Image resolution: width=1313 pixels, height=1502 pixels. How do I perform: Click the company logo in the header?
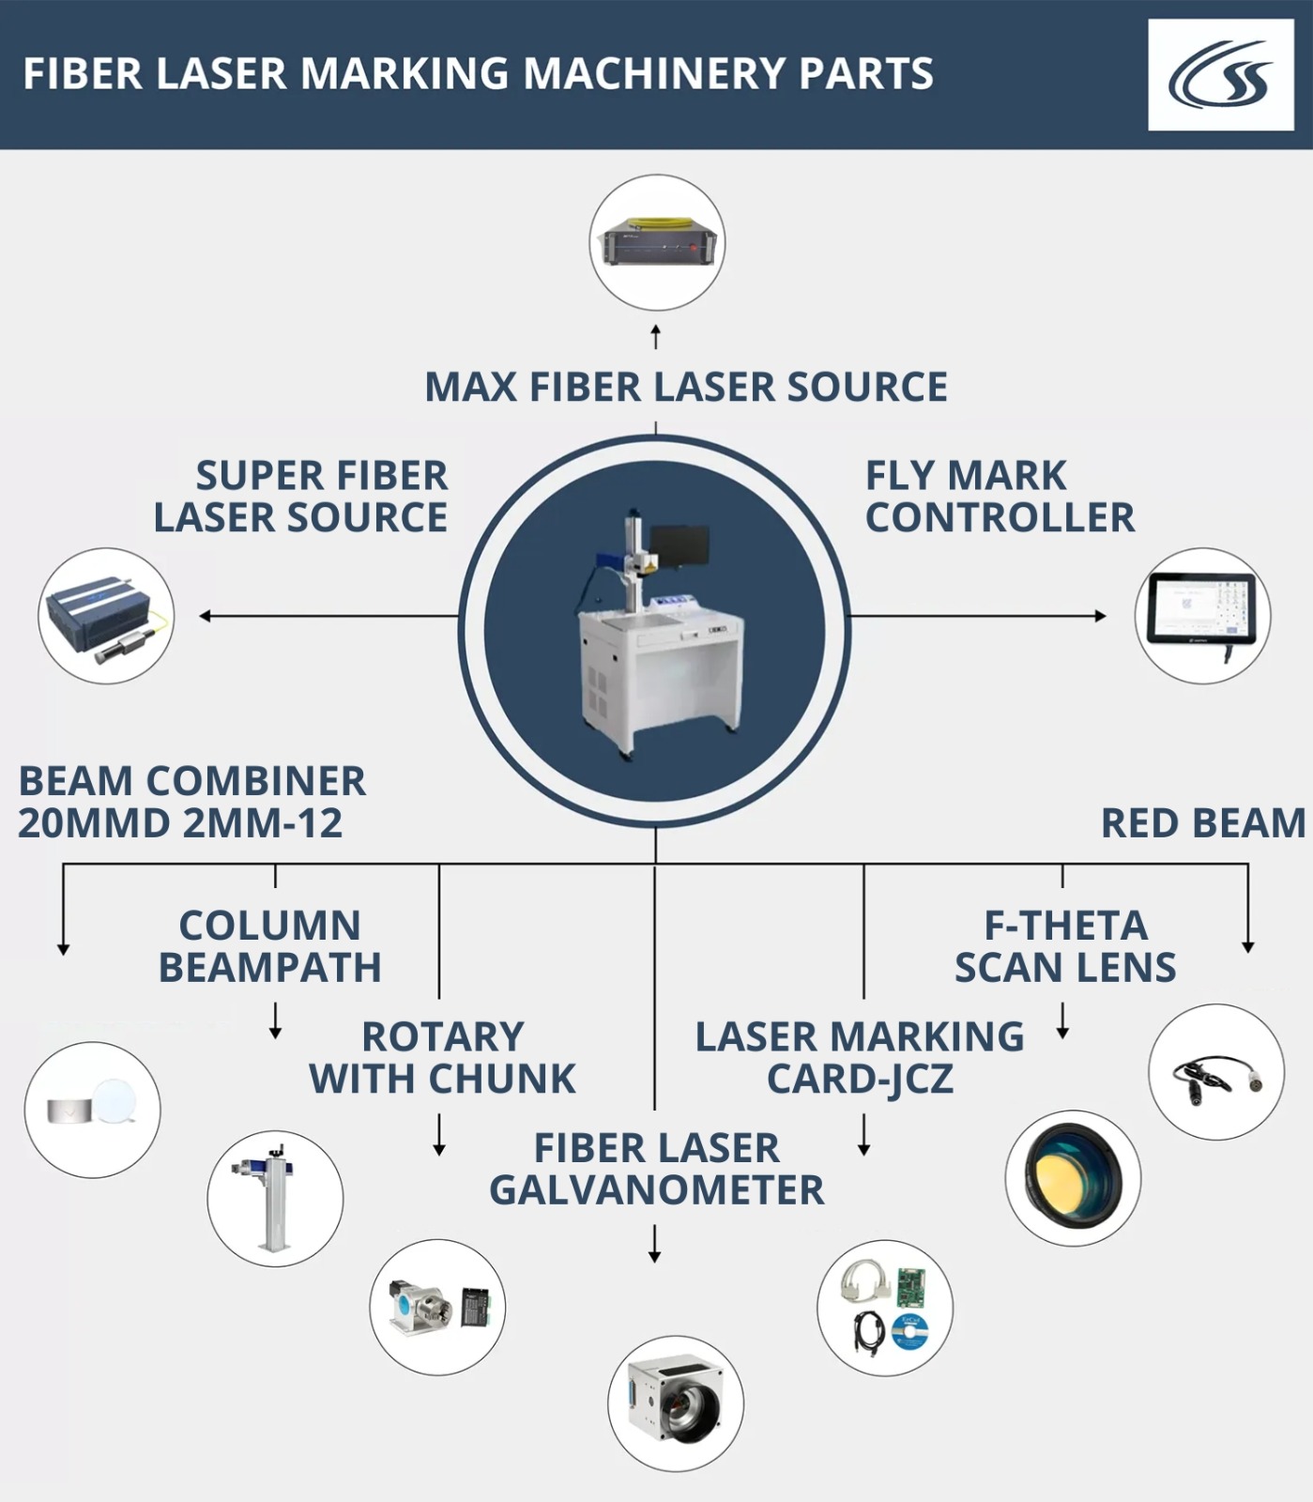(1220, 75)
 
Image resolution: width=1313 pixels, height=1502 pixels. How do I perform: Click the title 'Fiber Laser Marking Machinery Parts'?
(478, 74)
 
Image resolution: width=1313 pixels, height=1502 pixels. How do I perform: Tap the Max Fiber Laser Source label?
(686, 387)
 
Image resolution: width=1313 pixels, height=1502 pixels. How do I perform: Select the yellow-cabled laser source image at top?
(658, 243)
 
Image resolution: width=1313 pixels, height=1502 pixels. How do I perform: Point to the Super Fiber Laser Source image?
(106, 616)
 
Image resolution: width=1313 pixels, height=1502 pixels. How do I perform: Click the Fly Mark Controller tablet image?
(1202, 615)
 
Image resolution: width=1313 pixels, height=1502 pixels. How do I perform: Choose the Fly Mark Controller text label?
(999, 497)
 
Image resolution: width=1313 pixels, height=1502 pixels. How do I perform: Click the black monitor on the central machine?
(679, 547)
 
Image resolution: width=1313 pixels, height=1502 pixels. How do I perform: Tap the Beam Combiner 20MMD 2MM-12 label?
(191, 802)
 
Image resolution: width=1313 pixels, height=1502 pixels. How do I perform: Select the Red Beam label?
(1203, 823)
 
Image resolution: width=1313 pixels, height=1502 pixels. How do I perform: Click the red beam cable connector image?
(1216, 1073)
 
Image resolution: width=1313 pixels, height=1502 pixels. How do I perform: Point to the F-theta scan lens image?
(1073, 1178)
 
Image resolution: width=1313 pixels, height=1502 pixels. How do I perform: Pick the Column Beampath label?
(270, 946)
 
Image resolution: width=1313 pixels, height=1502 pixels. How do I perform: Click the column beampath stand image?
(274, 1199)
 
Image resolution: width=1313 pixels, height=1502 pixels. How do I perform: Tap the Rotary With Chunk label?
(442, 1058)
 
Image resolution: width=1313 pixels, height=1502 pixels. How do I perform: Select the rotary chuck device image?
(437, 1307)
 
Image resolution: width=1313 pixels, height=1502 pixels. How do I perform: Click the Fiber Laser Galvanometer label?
(656, 1169)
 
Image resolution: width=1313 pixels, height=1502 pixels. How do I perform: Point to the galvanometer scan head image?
(676, 1403)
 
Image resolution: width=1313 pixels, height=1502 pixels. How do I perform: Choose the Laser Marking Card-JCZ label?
(860, 1058)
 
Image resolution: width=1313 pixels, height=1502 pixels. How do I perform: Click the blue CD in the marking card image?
(908, 1331)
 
